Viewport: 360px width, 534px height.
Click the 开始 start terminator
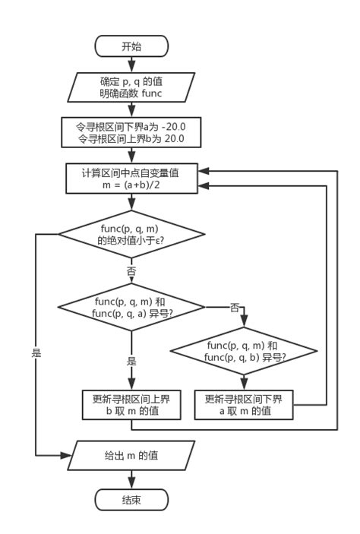[x=131, y=46]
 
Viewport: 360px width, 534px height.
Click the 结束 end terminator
[x=131, y=500]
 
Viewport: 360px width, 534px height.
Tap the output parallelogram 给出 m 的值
[x=131, y=456]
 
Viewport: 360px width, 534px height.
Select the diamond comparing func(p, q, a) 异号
[x=131, y=308]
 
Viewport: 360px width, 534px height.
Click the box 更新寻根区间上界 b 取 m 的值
[x=131, y=405]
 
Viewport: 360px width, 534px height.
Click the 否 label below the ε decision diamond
[x=131, y=270]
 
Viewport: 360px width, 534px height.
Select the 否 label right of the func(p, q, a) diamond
[x=234, y=307]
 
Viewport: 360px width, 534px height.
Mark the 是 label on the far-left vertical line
[x=36, y=353]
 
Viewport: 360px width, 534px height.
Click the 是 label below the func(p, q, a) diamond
[x=131, y=362]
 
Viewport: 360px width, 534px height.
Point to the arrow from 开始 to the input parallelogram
[x=131, y=65]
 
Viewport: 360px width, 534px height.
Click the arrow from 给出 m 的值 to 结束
[x=131, y=479]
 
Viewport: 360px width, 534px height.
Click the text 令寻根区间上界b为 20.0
[x=131, y=140]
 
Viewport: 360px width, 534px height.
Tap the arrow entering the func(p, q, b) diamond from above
[x=243, y=319]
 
